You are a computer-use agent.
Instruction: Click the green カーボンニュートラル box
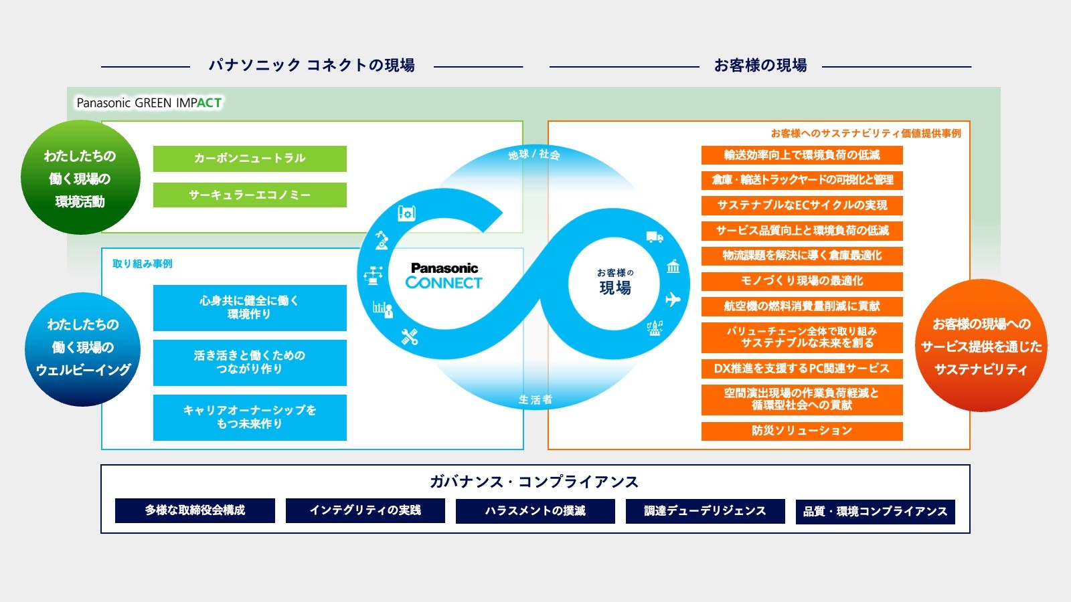click(x=250, y=159)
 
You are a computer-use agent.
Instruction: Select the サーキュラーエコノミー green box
click(x=250, y=195)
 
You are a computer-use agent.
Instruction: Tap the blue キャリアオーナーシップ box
click(x=250, y=417)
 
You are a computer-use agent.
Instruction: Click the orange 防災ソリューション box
click(x=802, y=431)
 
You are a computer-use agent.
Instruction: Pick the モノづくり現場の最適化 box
click(x=802, y=281)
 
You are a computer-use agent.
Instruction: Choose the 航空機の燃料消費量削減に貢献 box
click(x=802, y=306)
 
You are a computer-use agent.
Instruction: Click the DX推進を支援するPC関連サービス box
click(x=802, y=369)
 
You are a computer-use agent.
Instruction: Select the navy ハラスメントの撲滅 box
click(x=535, y=510)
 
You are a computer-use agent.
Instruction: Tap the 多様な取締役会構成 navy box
click(x=195, y=510)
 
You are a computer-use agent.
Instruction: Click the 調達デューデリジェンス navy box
click(x=705, y=511)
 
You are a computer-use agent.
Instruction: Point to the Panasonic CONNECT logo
click(x=444, y=276)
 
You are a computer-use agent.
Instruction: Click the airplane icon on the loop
click(x=673, y=299)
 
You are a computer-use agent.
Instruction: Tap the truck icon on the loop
click(x=655, y=237)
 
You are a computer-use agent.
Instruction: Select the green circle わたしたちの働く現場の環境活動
click(x=80, y=178)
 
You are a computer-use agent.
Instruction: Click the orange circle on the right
click(x=981, y=346)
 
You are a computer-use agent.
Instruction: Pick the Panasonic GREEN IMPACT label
click(x=149, y=103)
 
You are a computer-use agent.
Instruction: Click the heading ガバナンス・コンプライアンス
click(x=534, y=482)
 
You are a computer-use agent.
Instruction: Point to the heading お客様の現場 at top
click(x=760, y=66)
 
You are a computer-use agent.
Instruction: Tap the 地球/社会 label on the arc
click(x=533, y=155)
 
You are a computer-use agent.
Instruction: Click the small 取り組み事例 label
click(x=143, y=264)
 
